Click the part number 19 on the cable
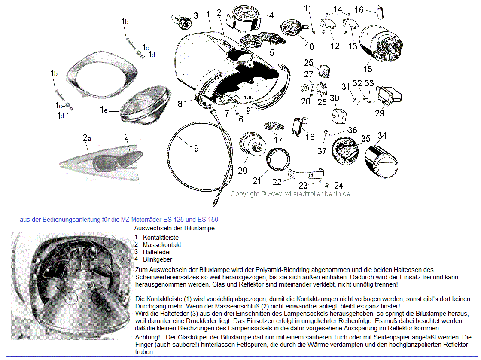194,149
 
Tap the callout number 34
382,136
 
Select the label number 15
368,69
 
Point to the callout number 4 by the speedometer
271,16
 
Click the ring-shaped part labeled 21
277,159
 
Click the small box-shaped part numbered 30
339,115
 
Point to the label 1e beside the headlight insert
104,110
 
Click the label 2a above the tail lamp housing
87,138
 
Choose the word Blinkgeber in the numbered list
157,259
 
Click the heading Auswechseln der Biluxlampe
174,228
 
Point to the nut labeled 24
326,186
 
